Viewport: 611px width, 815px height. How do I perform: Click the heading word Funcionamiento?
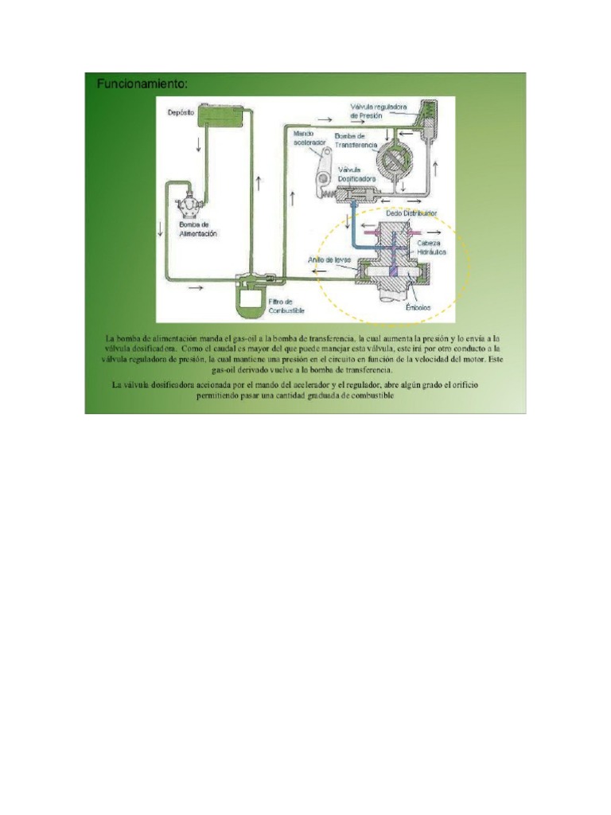click(142, 84)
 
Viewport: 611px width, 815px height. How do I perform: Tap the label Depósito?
click(181, 113)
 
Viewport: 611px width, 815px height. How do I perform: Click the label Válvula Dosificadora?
click(356, 174)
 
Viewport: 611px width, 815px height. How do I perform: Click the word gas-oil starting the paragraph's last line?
click(228, 371)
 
